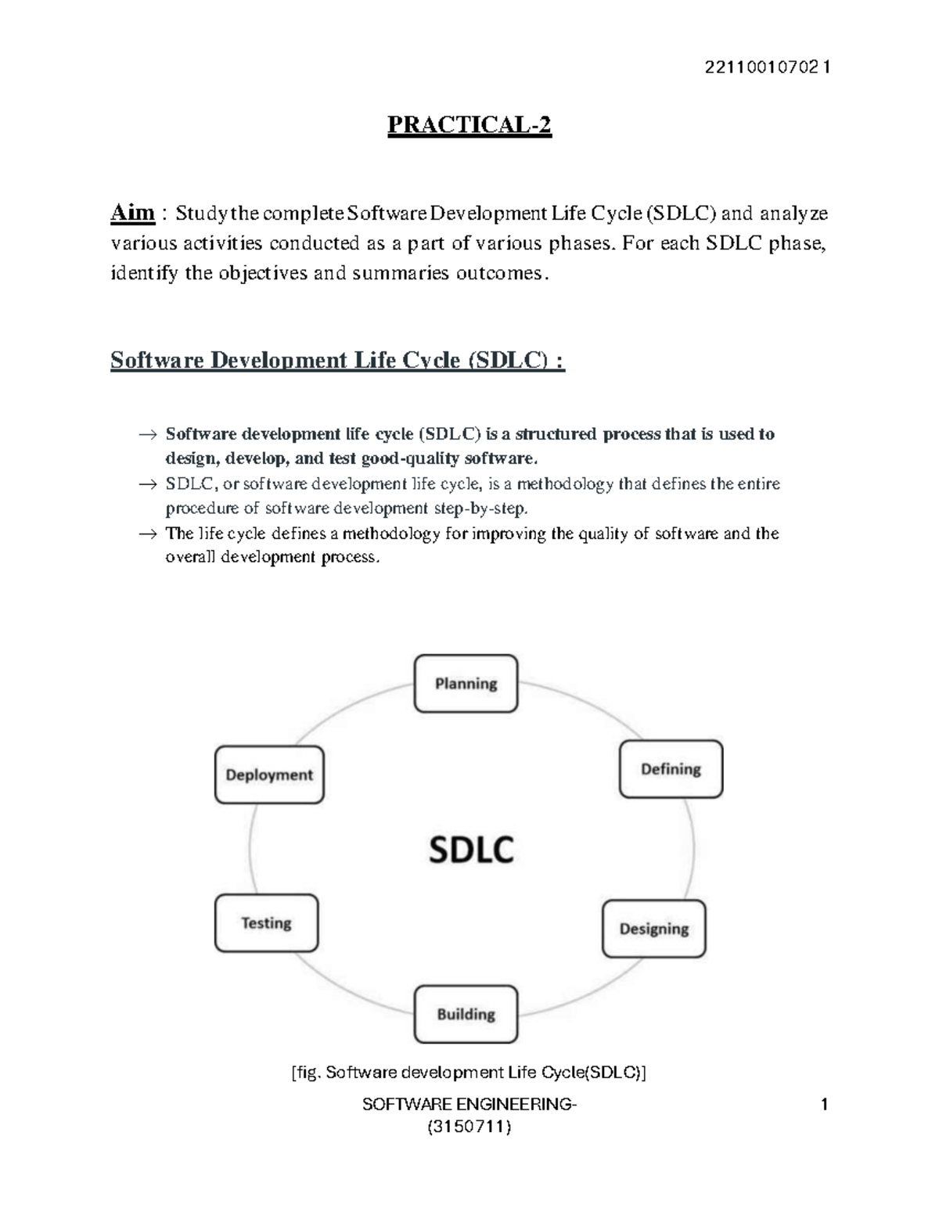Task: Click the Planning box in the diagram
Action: tap(466, 684)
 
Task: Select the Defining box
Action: tap(671, 769)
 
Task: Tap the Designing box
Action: tap(653, 929)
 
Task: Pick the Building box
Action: tap(466, 1014)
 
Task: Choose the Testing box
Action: tap(266, 923)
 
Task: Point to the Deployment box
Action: tap(269, 775)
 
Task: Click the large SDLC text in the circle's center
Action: tap(471, 850)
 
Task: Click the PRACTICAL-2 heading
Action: tap(469, 125)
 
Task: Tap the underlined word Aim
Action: tap(132, 213)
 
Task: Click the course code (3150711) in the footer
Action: tap(469, 1127)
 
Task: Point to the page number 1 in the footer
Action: tap(824, 1105)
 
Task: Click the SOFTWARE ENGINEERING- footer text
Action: tap(469, 1105)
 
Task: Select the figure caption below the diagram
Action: tap(469, 1073)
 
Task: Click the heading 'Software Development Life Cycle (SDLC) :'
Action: tap(337, 361)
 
